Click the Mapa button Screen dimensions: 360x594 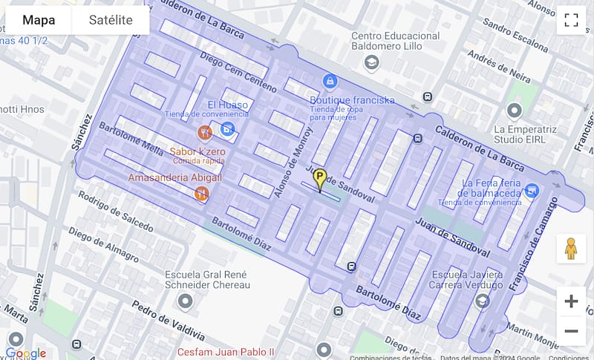[39, 20]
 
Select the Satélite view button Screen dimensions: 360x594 [111, 20]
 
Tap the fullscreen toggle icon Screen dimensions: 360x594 [571, 20]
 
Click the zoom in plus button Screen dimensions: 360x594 [571, 301]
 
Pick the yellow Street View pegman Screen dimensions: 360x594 [571, 249]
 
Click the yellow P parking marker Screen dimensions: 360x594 [320, 179]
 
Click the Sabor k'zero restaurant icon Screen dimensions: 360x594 [205, 133]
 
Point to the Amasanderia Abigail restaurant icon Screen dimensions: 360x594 [200, 194]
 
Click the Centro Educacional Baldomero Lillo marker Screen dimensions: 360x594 [372, 62]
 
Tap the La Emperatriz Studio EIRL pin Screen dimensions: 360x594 [514, 111]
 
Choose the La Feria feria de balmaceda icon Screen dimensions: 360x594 [532, 192]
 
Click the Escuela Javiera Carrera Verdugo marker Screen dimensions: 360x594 [483, 301]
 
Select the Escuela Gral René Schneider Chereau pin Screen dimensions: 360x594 [185, 301]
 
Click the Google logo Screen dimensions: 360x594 [26, 353]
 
